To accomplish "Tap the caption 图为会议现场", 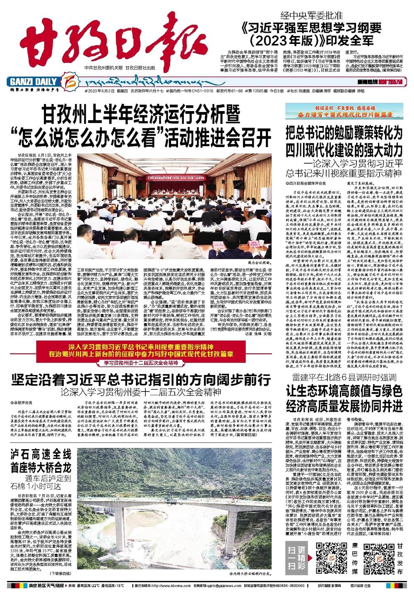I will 260,275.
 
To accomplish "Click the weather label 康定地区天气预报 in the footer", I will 44,586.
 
